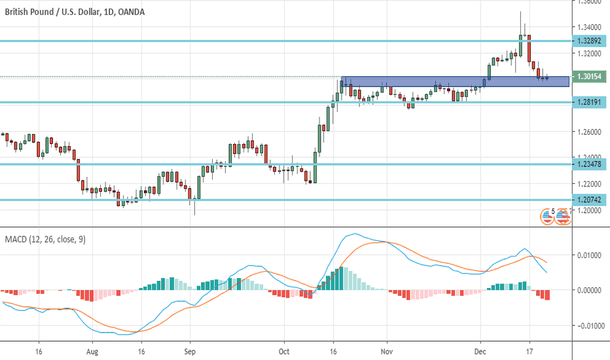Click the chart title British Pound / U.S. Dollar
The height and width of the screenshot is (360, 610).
pyautogui.click(x=49, y=12)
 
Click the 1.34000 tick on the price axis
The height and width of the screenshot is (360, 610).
pyautogui.click(x=590, y=27)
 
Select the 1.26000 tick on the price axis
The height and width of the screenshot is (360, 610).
pyautogui.click(x=590, y=132)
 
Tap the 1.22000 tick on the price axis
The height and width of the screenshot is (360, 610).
pyautogui.click(x=590, y=184)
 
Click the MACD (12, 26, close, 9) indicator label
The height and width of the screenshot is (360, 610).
pyautogui.click(x=45, y=240)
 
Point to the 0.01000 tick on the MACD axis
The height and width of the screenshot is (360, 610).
pyautogui.click(x=590, y=255)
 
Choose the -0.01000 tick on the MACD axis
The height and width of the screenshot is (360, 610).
pyautogui.click(x=588, y=325)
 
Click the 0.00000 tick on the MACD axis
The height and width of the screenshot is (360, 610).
pyautogui.click(x=590, y=289)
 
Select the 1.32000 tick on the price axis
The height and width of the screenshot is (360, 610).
pyautogui.click(x=590, y=53)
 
